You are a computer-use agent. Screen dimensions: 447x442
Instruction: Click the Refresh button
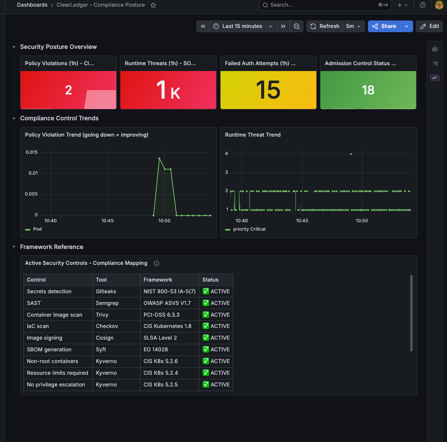325,26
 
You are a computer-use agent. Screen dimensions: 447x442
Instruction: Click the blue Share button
384,26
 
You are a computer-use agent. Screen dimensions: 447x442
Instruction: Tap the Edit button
429,26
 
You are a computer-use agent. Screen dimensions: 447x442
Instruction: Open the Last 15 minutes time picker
243,26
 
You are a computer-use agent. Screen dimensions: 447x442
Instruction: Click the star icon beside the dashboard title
153,5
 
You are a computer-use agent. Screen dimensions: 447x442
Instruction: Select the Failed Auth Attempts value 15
268,90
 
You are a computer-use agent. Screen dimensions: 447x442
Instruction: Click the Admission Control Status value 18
368,90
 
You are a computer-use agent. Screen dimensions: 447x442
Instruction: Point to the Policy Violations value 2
68,90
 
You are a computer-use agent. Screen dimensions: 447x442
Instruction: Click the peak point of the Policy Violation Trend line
159,158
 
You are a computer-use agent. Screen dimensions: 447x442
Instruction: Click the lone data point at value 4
351,154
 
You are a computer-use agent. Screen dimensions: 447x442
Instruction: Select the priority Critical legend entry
245,229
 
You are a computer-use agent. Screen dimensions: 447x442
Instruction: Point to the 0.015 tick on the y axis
32,152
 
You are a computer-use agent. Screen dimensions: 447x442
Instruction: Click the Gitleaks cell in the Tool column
106,292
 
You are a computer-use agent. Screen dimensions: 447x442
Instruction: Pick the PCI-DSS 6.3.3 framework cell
162,315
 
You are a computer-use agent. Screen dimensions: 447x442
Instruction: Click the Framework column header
158,280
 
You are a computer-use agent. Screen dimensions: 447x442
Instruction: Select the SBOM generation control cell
49,350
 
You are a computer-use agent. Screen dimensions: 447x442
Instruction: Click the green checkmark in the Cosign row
206,338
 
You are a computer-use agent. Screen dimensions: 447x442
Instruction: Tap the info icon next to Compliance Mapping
157,263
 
